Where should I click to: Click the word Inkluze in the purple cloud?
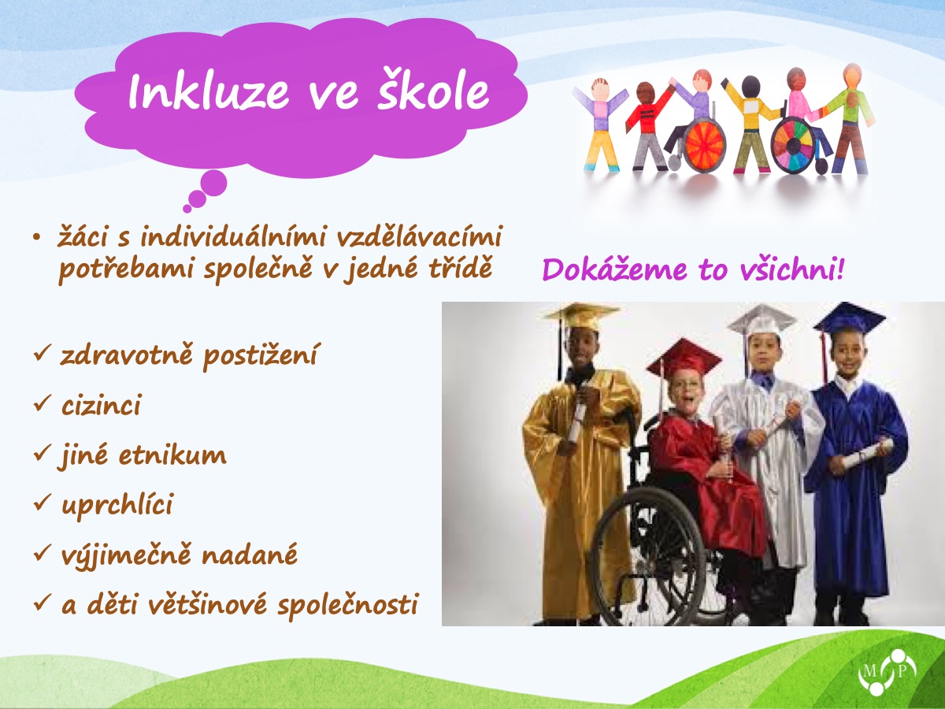click(209, 92)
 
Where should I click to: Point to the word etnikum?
click(172, 455)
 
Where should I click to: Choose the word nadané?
click(250, 554)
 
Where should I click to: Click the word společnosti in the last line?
click(348, 605)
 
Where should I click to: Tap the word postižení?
click(260, 356)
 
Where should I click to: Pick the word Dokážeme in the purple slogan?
click(615, 269)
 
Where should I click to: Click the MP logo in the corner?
click(887, 672)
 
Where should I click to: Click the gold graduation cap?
click(582, 316)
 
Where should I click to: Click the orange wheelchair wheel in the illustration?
click(703, 146)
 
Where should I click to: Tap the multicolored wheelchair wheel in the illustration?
click(795, 146)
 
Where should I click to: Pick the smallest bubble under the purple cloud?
click(187, 209)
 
